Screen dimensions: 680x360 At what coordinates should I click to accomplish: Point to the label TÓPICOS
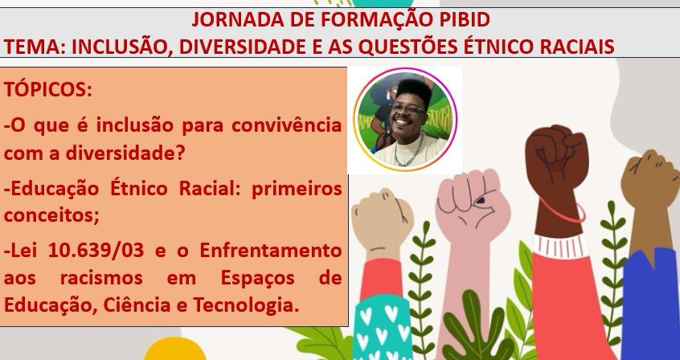48,90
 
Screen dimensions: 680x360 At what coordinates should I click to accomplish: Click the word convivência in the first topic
286,126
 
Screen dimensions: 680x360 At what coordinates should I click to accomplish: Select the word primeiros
297,190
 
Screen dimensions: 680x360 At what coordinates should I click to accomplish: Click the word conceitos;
51,215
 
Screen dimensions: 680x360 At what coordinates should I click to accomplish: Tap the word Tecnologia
246,305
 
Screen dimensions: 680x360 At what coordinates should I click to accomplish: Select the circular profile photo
405,120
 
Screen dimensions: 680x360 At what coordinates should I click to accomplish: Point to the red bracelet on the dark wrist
562,211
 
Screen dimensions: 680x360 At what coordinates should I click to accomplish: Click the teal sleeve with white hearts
383,329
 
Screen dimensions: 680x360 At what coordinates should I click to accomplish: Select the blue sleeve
650,304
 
